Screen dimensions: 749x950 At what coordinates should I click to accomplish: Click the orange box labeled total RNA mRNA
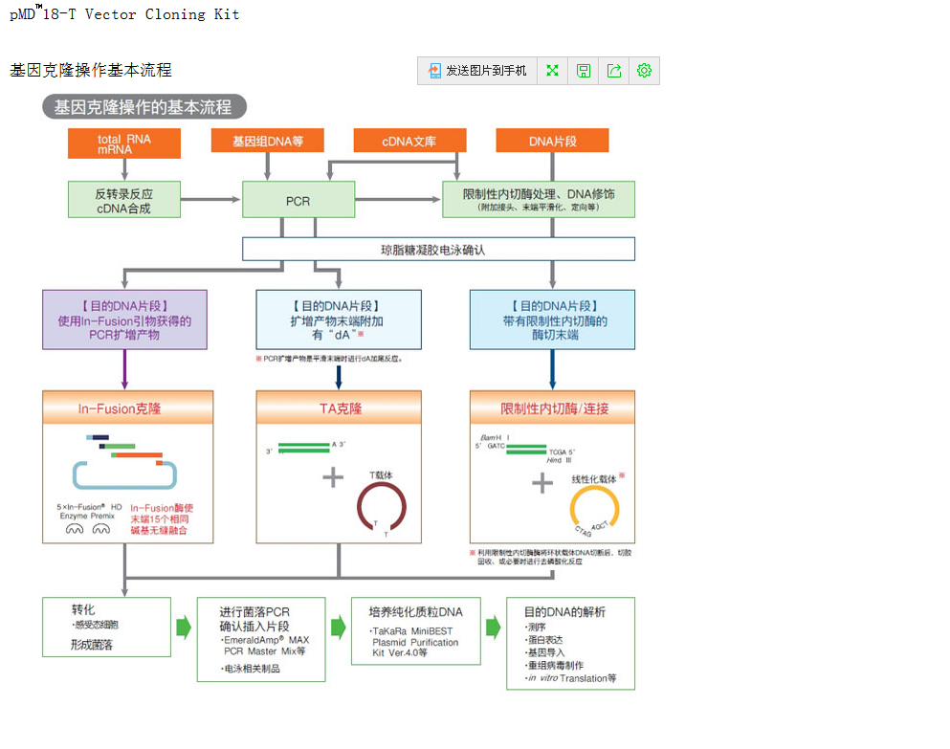123,143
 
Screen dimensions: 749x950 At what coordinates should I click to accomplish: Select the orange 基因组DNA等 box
267,141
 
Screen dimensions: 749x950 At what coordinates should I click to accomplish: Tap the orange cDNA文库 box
409,141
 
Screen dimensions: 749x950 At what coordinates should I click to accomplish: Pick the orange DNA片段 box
552,141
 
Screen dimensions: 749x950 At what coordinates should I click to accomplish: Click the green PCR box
298,201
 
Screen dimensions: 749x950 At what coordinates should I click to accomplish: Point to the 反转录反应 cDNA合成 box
123,200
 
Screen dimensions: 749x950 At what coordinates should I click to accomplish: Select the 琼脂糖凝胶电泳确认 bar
438,250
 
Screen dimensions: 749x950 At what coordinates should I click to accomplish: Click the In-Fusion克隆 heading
128,408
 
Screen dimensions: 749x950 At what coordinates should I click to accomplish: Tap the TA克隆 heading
340,408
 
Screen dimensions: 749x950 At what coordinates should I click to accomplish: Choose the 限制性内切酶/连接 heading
552,408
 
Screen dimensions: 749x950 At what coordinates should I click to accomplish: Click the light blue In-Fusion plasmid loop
124,474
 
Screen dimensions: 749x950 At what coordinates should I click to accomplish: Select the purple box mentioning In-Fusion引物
124,320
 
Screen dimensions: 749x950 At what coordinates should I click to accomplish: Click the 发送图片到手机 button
477,71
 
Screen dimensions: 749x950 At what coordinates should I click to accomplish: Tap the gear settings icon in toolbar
644,71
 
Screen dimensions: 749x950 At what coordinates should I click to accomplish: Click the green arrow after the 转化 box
184,628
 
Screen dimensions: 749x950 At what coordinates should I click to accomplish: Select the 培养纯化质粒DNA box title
415,612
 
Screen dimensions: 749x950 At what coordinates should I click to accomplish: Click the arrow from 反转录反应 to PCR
210,200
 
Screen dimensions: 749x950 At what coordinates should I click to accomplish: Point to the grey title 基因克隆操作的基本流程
144,107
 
